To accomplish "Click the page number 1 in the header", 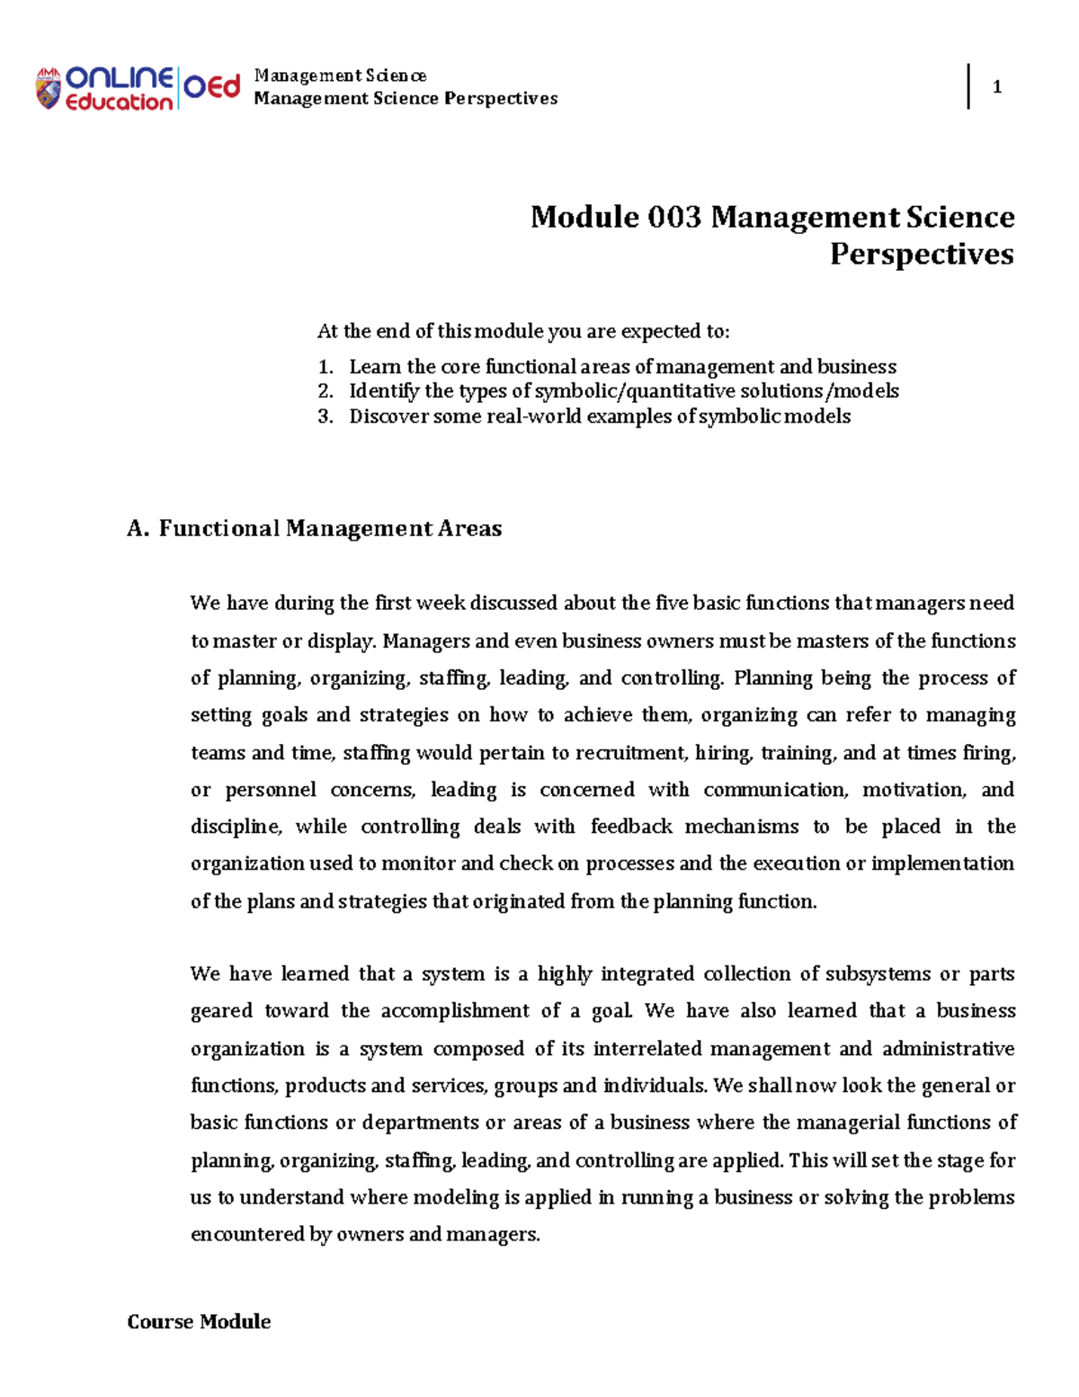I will (x=996, y=87).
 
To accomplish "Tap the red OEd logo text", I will (x=212, y=87).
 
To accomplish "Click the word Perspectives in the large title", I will (x=921, y=254).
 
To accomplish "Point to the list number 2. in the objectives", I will (x=325, y=391).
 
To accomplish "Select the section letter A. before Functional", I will (x=138, y=529).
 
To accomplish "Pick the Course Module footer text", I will (x=199, y=1321).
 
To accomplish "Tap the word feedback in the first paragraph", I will (x=631, y=827).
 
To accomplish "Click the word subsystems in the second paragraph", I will (x=878, y=974).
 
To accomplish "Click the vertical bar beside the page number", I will (x=968, y=86).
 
